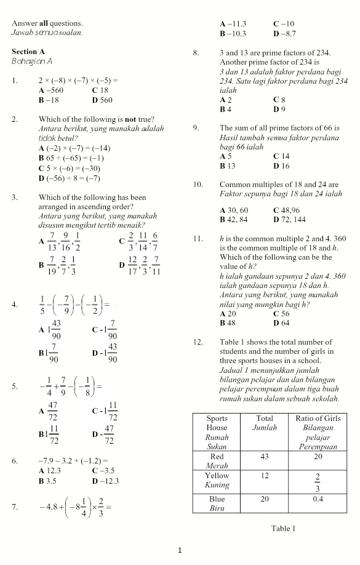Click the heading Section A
point(28,52)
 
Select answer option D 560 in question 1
point(102,100)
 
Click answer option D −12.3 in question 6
point(105,481)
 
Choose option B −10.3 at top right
point(233,33)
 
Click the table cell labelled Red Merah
point(217,461)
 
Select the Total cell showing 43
point(265,457)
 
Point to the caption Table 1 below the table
point(283,528)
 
